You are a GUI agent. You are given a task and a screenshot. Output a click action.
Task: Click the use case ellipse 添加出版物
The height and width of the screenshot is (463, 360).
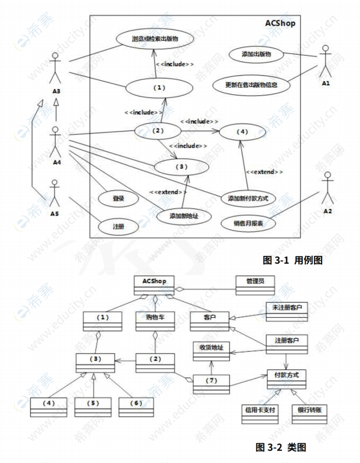coord(256,55)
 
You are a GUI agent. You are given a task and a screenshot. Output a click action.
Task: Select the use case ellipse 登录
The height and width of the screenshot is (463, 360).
coord(118,198)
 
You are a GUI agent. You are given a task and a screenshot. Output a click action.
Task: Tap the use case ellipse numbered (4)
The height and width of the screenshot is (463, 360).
coord(242,131)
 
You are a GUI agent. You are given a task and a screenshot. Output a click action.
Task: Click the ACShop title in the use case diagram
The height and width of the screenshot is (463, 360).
coord(281,22)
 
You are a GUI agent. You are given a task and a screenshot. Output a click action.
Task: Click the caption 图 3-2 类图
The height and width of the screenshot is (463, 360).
coord(285,447)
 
